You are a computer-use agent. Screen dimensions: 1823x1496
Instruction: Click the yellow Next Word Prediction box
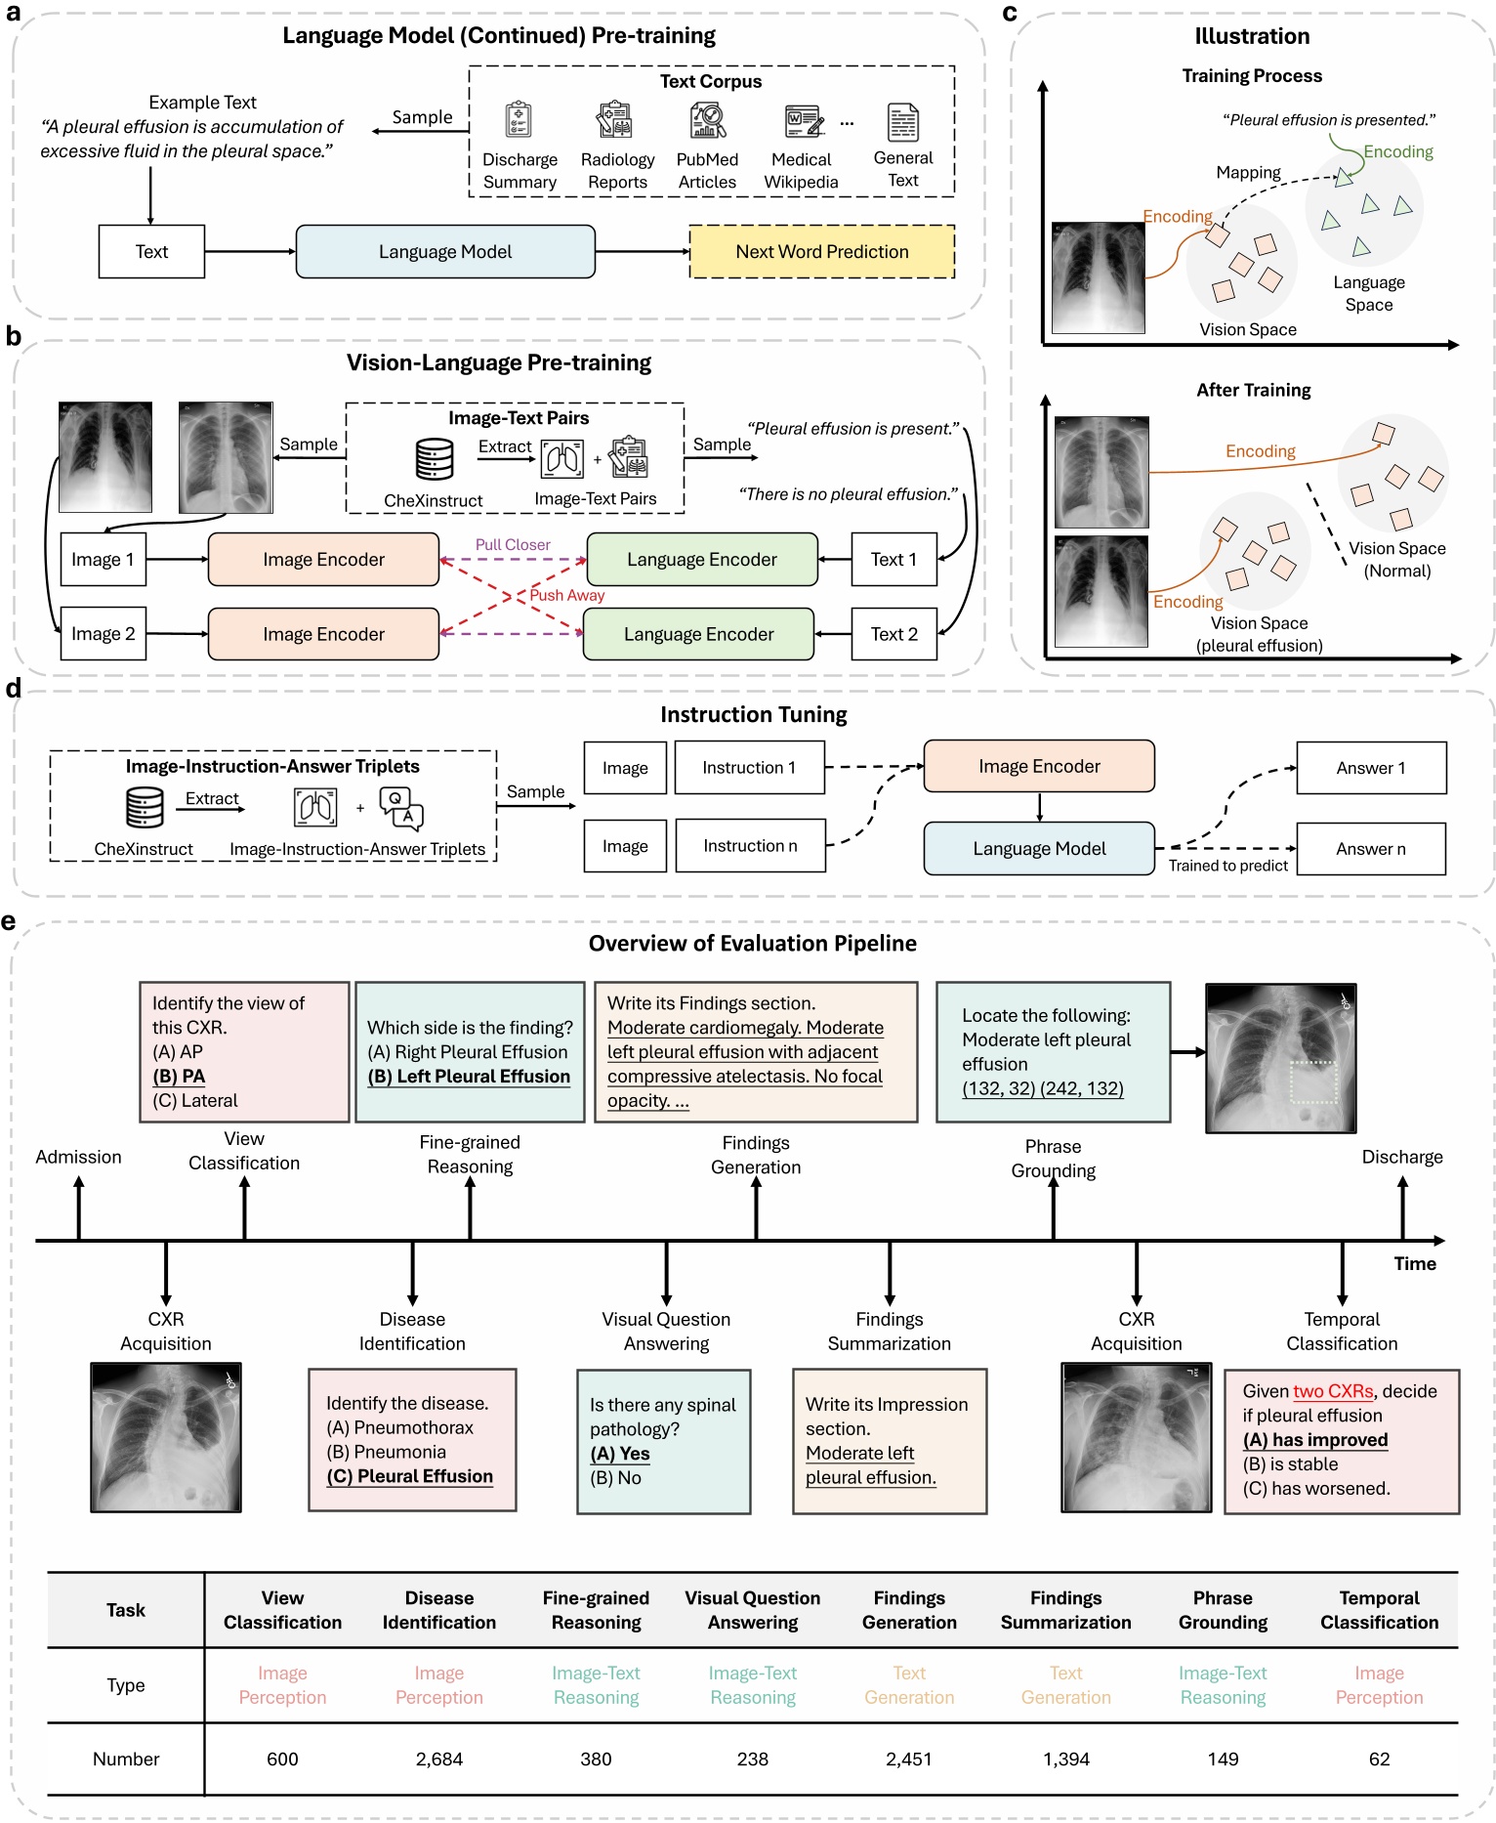(821, 252)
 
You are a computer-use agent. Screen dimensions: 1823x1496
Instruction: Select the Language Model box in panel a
(445, 252)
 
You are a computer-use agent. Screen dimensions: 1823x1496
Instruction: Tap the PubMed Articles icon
(708, 121)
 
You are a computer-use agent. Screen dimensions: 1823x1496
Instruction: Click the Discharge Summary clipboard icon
(519, 120)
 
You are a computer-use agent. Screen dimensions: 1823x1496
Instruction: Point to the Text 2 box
(893, 634)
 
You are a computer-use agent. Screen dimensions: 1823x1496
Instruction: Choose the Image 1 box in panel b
(103, 559)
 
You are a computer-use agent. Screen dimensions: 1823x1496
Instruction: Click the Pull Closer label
(513, 544)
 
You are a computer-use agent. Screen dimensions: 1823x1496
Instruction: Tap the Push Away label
(566, 595)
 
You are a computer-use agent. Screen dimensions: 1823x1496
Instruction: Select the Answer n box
(1370, 849)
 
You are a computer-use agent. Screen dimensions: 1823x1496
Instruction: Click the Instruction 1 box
(749, 768)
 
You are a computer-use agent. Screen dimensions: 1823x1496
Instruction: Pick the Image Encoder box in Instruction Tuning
(1039, 767)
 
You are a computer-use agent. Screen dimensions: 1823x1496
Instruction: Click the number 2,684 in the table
(438, 1759)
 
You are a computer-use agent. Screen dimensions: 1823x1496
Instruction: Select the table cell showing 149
(1223, 1759)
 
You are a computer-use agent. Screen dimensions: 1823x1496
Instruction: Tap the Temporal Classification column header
(1379, 1610)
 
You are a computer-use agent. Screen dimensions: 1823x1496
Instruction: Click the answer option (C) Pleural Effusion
(410, 1476)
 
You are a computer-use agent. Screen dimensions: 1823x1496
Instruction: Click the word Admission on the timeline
(78, 1157)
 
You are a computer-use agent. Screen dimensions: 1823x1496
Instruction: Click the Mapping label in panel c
(1248, 172)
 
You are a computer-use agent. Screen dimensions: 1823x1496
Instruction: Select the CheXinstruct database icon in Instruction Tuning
(145, 807)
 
